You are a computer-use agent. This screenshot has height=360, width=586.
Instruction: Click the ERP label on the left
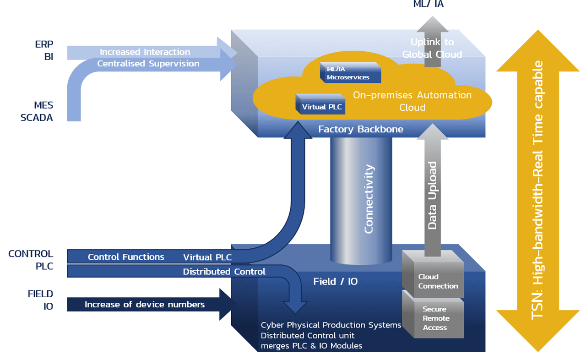click(x=44, y=44)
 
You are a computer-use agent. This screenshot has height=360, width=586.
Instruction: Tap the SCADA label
click(x=37, y=118)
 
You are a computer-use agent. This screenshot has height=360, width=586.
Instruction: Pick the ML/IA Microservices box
click(x=351, y=73)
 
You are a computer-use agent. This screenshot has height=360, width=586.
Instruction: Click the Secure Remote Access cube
click(x=435, y=318)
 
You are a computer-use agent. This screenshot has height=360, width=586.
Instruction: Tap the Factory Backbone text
click(x=361, y=129)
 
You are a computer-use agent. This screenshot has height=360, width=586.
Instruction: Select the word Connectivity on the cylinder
click(x=369, y=199)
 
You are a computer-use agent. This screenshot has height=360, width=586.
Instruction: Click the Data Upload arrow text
click(x=432, y=196)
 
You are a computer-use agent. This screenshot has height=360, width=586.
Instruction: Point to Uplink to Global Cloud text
click(x=432, y=48)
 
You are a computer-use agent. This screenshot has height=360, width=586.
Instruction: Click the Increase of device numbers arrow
click(x=145, y=305)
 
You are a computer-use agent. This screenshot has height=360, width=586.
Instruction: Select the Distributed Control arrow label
click(x=224, y=272)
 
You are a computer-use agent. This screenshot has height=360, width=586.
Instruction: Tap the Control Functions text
click(x=126, y=257)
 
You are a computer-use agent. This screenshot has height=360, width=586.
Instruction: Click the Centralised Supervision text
click(x=148, y=64)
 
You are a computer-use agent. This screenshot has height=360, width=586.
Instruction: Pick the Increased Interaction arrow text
click(x=145, y=52)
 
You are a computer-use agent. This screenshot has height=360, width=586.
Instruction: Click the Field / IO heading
click(x=335, y=281)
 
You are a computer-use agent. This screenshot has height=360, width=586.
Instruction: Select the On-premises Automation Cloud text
click(x=412, y=101)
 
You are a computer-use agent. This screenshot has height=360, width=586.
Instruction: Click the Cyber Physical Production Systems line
click(x=331, y=325)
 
